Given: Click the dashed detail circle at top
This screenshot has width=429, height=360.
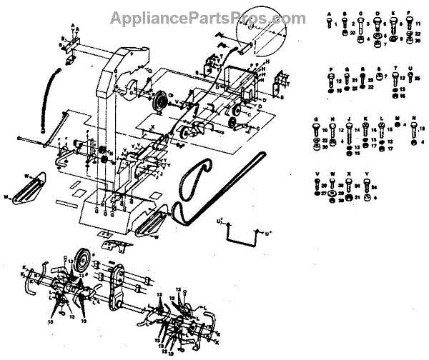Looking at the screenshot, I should point(261,35).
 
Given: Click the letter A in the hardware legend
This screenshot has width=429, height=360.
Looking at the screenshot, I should point(328,14).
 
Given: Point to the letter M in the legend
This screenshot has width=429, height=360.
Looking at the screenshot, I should point(398,119).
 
